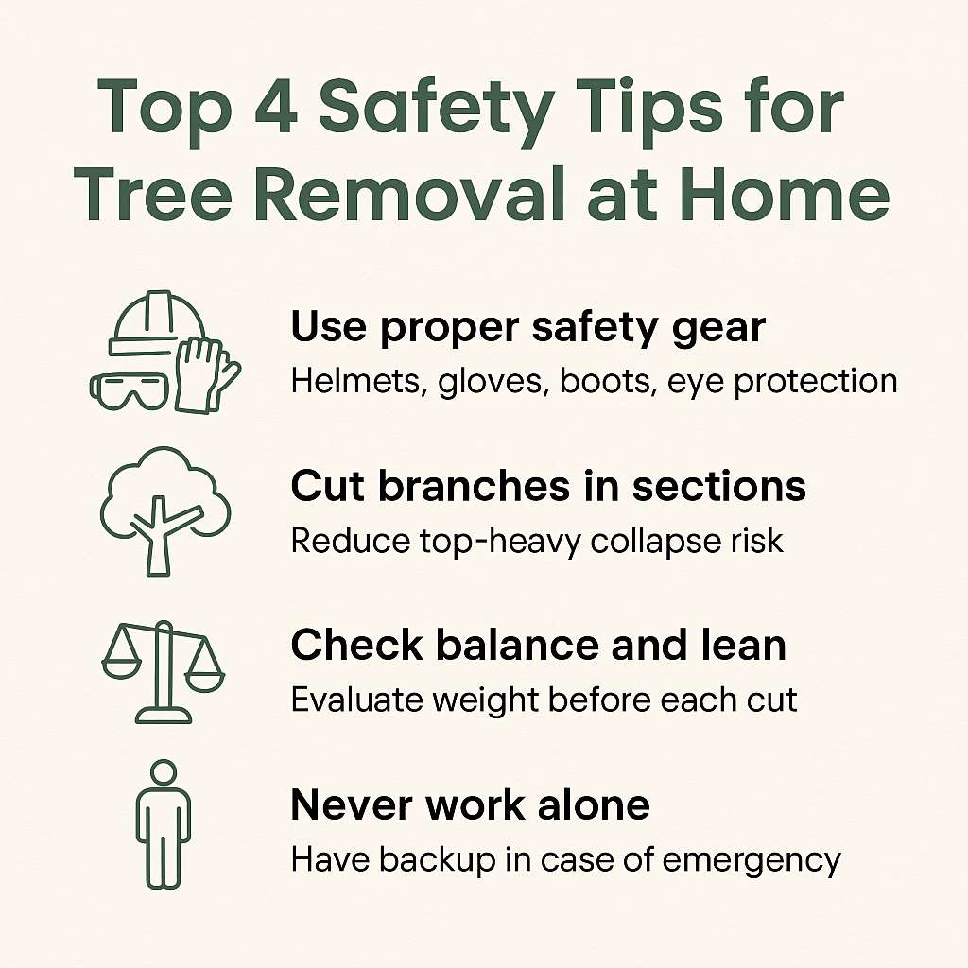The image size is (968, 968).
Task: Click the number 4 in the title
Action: click(275, 106)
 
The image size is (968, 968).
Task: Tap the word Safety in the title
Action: click(436, 112)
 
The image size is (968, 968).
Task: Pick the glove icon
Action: click(205, 375)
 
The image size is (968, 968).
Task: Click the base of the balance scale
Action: click(164, 716)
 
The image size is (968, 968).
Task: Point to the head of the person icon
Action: click(164, 772)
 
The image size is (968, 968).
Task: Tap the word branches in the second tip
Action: click(474, 486)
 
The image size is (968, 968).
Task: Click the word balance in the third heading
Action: click(517, 645)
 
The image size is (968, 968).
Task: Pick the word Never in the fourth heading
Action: click(354, 805)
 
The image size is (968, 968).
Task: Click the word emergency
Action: click(752, 860)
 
